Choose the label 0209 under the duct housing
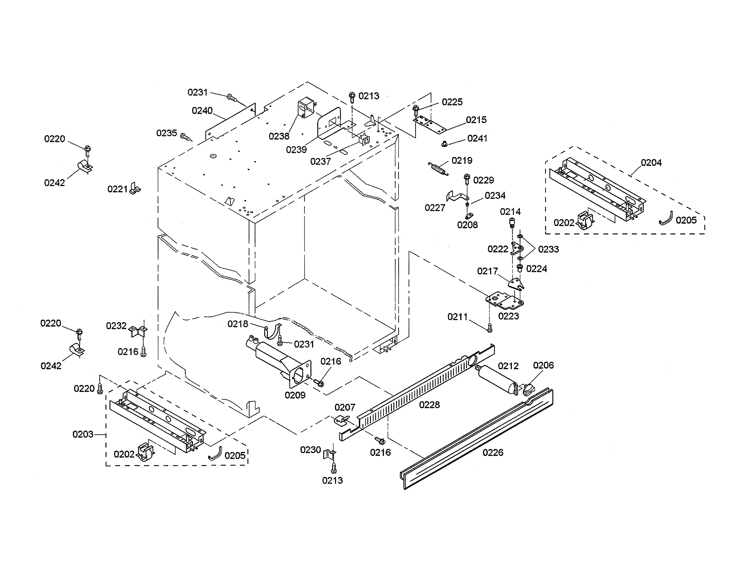point(295,395)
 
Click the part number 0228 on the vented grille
point(429,405)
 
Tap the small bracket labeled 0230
point(329,454)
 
